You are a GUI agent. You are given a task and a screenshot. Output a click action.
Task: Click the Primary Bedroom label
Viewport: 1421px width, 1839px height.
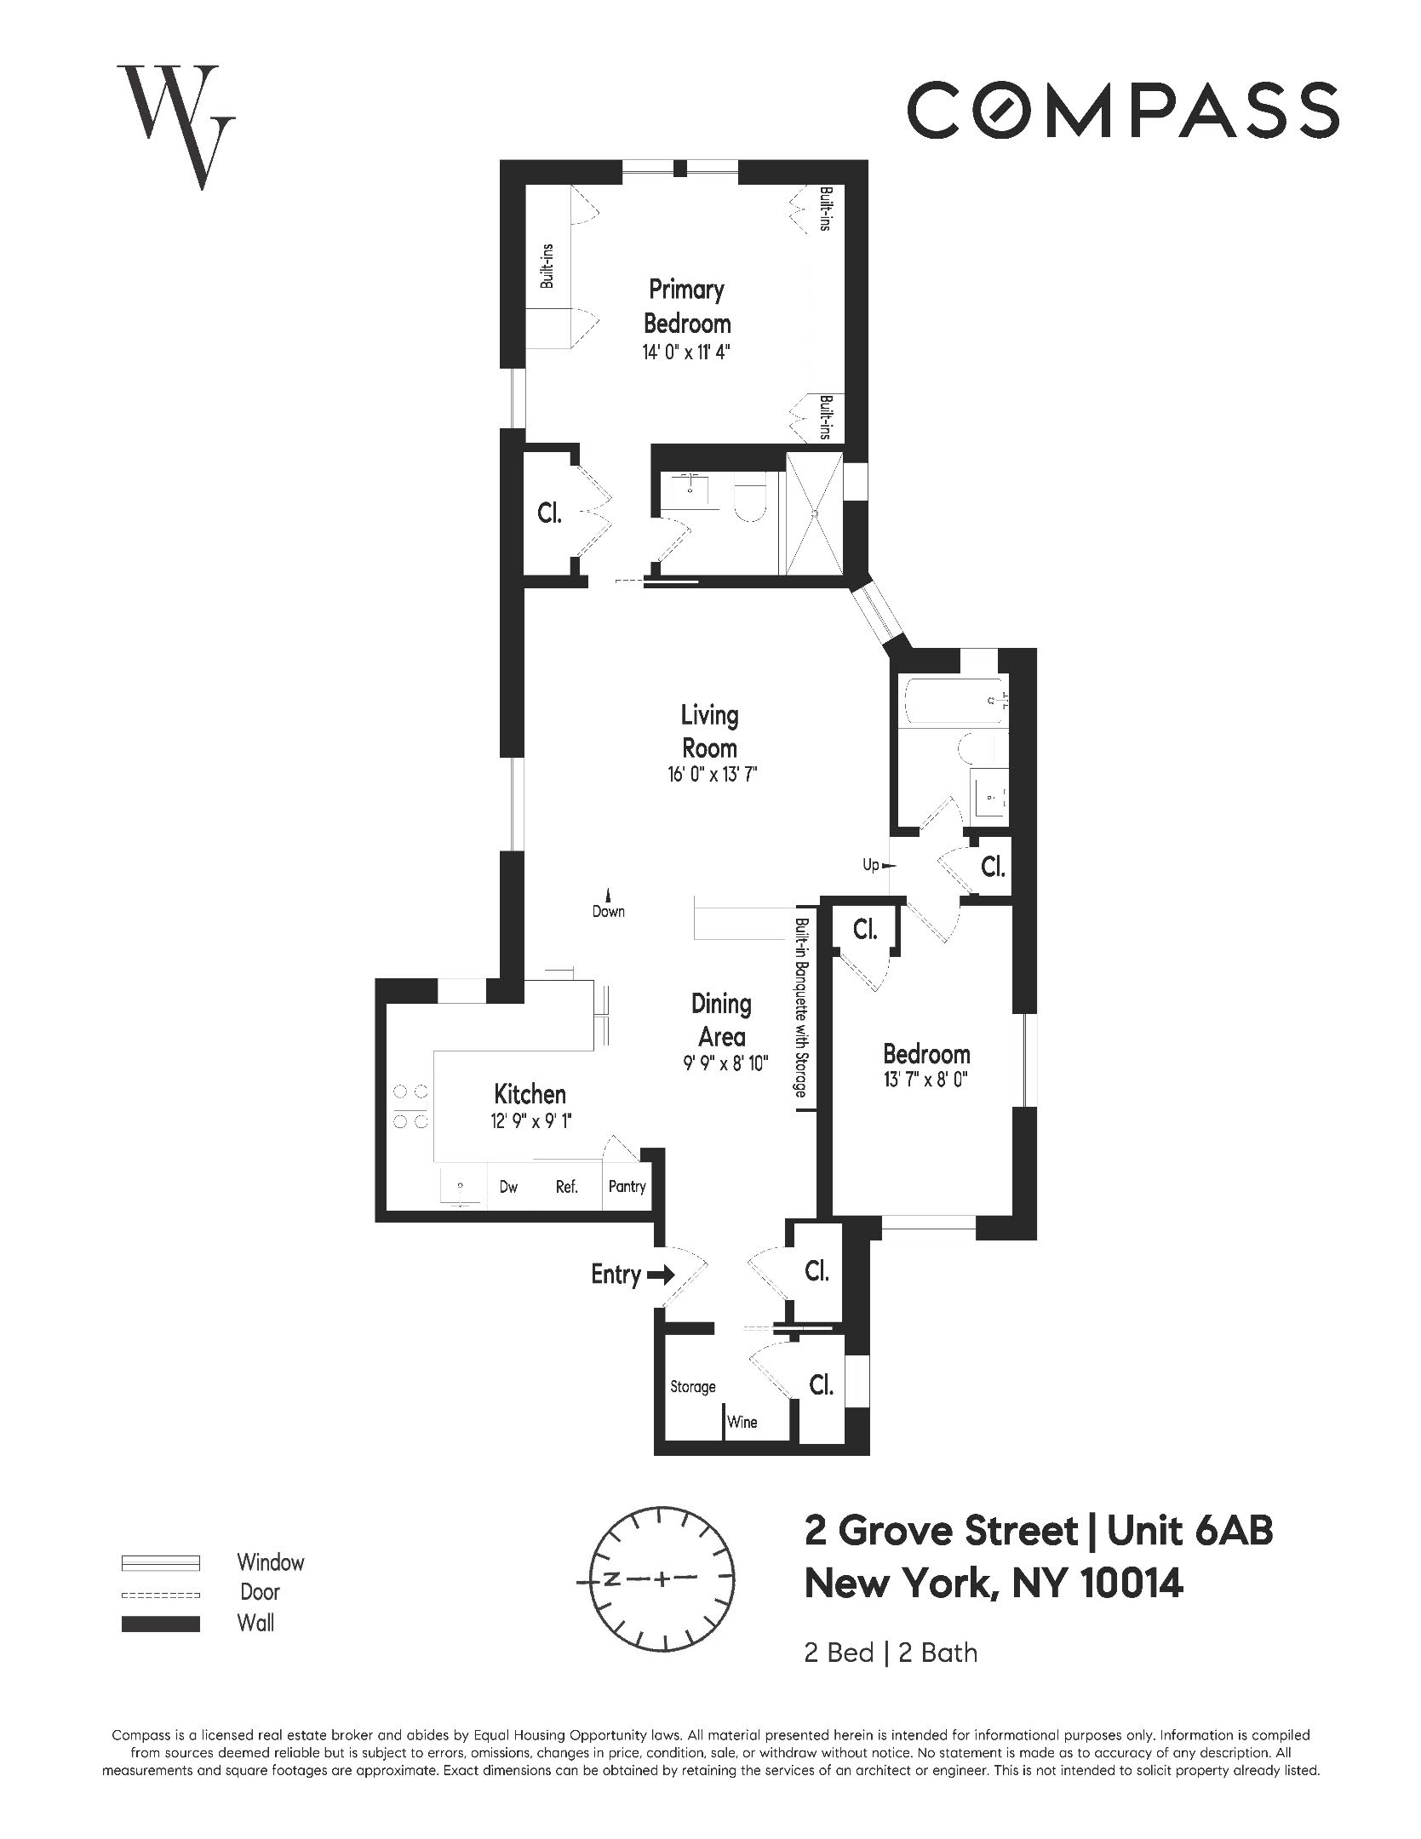tap(686, 306)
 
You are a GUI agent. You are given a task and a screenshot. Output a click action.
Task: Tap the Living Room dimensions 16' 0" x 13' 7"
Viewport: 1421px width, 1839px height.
tap(712, 775)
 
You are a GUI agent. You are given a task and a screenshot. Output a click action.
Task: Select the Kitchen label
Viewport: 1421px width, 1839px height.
tap(530, 1094)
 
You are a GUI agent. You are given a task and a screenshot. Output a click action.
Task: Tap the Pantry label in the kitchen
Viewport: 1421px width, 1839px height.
tap(627, 1187)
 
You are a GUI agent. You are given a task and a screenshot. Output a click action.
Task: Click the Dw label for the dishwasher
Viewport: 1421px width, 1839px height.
tap(508, 1187)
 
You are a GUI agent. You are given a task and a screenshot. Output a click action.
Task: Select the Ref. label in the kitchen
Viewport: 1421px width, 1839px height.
tap(566, 1187)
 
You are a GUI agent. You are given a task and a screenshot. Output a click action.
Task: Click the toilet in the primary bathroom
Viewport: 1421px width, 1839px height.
tap(750, 502)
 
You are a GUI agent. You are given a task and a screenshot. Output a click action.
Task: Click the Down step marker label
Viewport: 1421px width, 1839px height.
tap(608, 912)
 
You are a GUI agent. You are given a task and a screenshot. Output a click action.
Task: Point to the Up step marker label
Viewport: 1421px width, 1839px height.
tap(870, 865)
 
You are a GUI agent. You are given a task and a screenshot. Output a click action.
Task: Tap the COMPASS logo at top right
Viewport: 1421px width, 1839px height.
tap(1122, 110)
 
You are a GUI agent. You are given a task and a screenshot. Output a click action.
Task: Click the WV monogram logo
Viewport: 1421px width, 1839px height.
tap(176, 125)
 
